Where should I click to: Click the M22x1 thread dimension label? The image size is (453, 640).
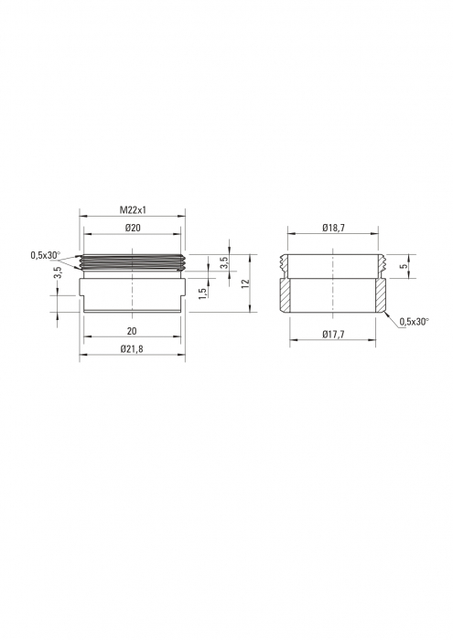tap(134, 210)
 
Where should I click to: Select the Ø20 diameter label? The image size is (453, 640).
tap(134, 228)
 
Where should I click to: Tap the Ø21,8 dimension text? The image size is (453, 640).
tap(134, 348)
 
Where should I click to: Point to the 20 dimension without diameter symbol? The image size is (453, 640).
tap(134, 330)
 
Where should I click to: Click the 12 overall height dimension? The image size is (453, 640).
tap(244, 283)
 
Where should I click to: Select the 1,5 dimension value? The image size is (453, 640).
tap(202, 293)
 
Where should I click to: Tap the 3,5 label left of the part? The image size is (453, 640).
tap(57, 272)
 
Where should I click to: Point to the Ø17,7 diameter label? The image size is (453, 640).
tap(332, 334)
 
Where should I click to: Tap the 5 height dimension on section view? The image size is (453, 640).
tap(405, 265)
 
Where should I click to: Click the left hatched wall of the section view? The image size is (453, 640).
tap(285, 294)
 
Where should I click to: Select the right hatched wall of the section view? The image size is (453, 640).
tap(381, 294)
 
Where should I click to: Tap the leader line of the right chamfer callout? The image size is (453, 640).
tap(390, 316)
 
